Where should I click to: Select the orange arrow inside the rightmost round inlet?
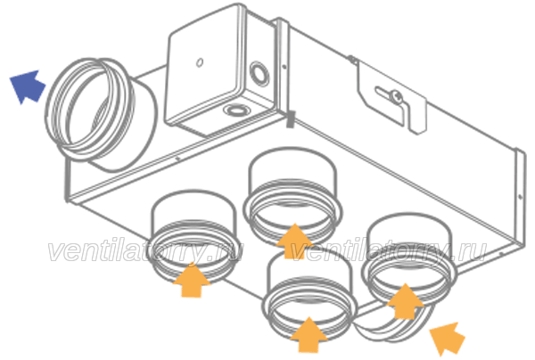pyautogui.click(x=405, y=300)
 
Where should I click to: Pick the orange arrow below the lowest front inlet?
pyautogui.click(x=309, y=334)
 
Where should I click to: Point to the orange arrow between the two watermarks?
pyautogui.click(x=294, y=241)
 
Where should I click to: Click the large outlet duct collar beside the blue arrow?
pyautogui.click(x=99, y=114)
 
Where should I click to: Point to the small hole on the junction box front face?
pyautogui.click(x=200, y=62)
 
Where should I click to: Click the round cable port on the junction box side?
pyautogui.click(x=259, y=72)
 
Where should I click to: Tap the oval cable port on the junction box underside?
pyautogui.click(x=235, y=110)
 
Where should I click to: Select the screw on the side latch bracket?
pyautogui.click(x=397, y=96)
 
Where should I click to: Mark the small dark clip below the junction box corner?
pyautogui.click(x=290, y=119)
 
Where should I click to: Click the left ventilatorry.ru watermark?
pyautogui.click(x=146, y=251)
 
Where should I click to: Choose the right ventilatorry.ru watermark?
pyautogui.click(x=389, y=251)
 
